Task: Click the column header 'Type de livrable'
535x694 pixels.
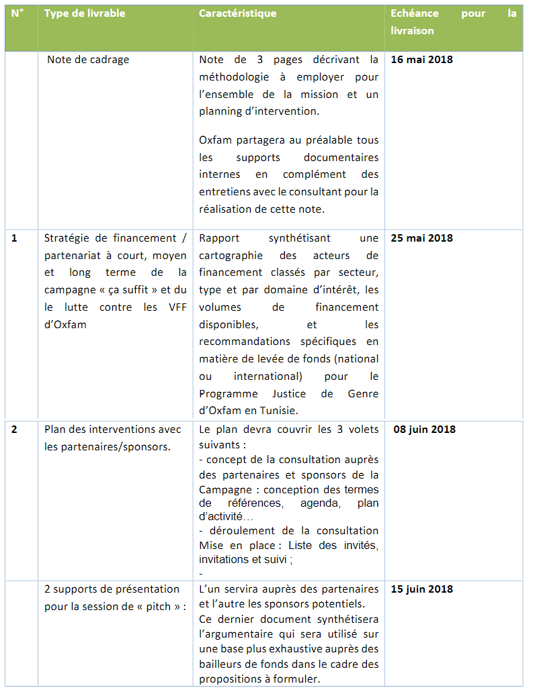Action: (85, 13)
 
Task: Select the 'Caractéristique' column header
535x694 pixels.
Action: (237, 13)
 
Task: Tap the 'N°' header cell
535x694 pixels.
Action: (17, 13)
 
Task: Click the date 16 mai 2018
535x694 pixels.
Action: (421, 60)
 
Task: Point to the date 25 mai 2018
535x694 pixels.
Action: (421, 238)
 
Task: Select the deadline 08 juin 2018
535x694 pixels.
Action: (424, 430)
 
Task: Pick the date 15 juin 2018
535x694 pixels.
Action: (421, 589)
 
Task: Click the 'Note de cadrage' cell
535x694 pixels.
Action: (88, 60)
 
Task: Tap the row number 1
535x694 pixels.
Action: (15, 238)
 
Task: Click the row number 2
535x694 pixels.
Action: (15, 430)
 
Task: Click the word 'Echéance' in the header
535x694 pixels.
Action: (415, 13)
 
